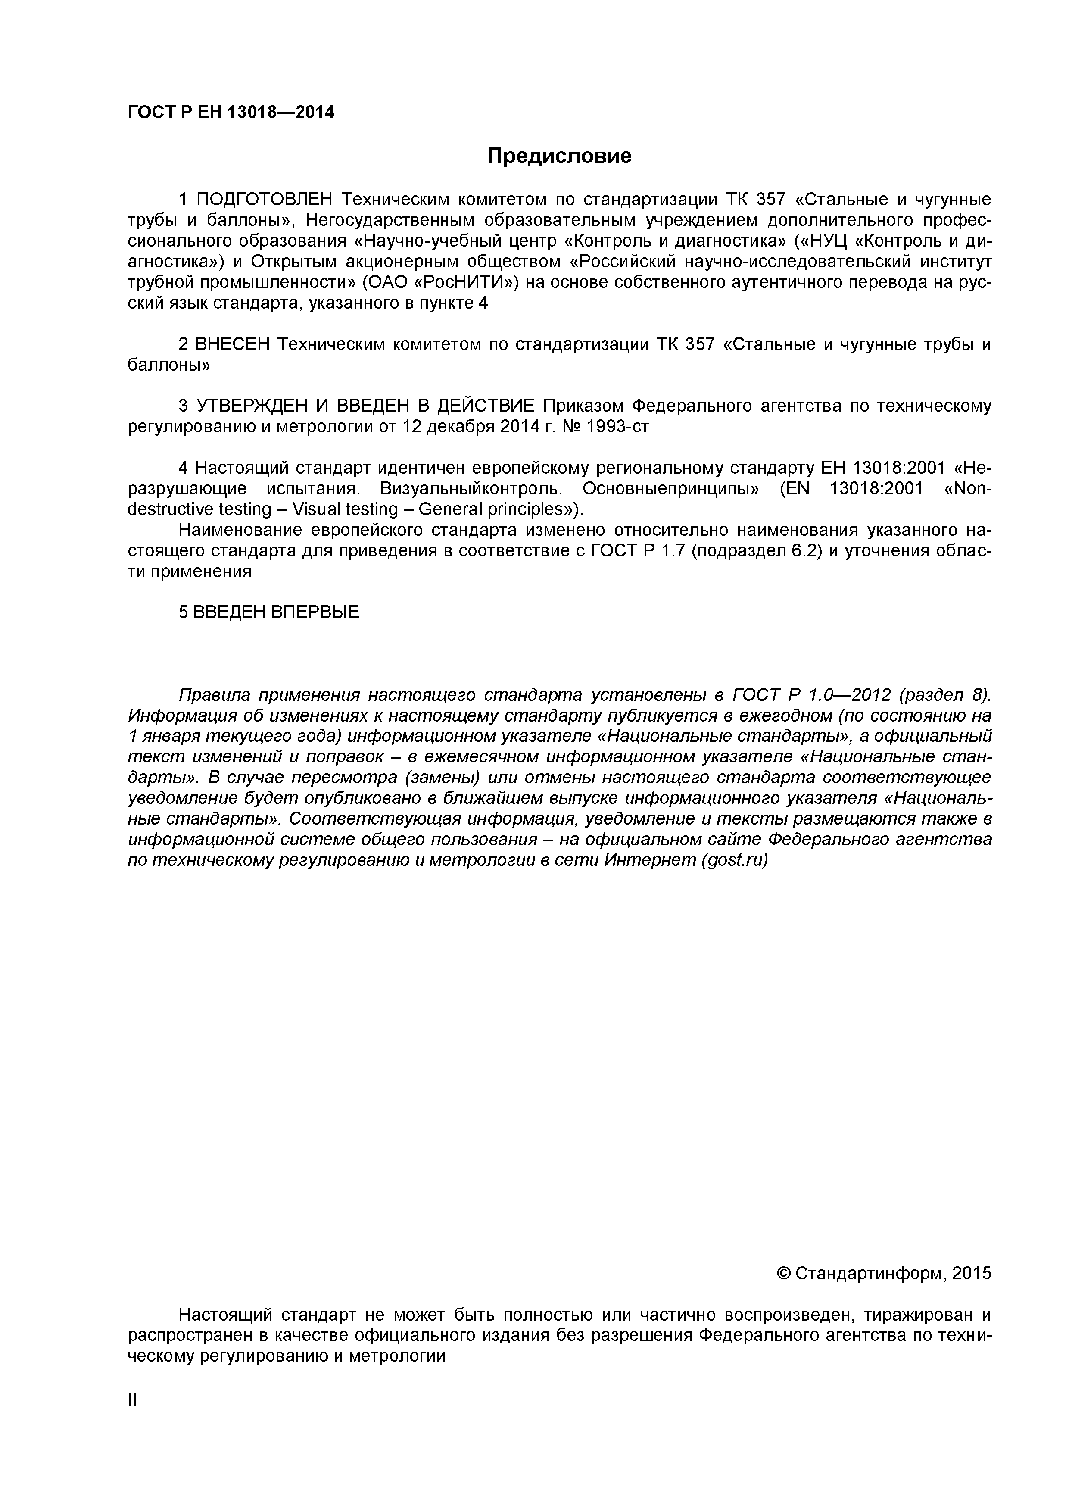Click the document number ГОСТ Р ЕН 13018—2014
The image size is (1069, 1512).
click(231, 112)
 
